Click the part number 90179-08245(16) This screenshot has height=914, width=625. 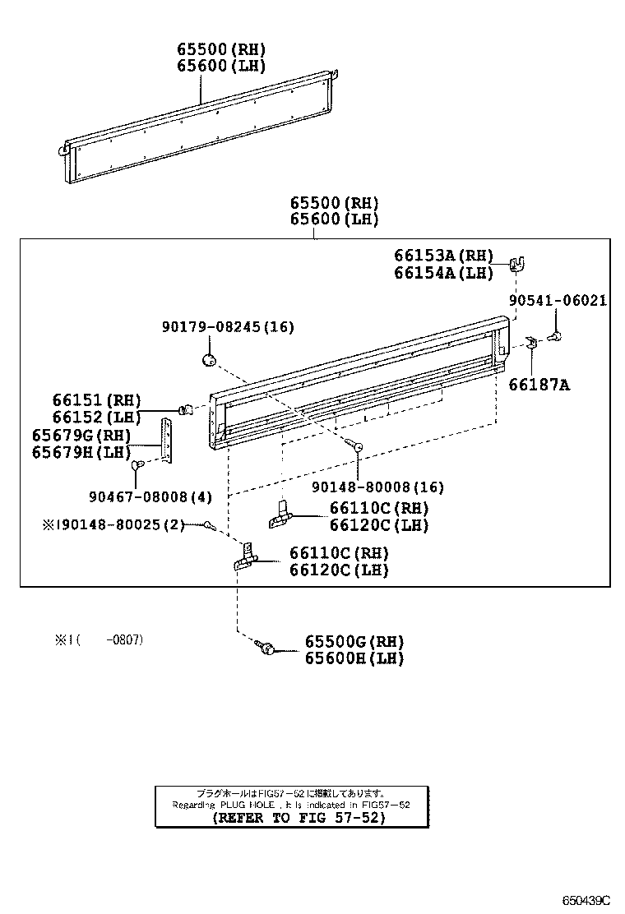tap(228, 327)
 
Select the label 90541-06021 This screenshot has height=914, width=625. tap(558, 301)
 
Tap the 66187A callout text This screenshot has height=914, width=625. tap(539, 384)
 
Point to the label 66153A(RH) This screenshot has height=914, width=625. tap(443, 256)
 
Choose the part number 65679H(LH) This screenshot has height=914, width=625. tap(81, 452)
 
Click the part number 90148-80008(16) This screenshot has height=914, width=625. tap(377, 487)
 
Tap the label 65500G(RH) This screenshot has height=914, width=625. tap(354, 641)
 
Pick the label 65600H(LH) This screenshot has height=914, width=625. tap(354, 658)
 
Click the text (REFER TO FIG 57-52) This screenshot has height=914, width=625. tap(293, 818)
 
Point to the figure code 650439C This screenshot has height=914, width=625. tap(586, 901)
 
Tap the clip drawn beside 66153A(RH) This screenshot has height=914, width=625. tap(517, 265)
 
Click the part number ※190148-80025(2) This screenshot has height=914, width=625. tap(114, 524)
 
